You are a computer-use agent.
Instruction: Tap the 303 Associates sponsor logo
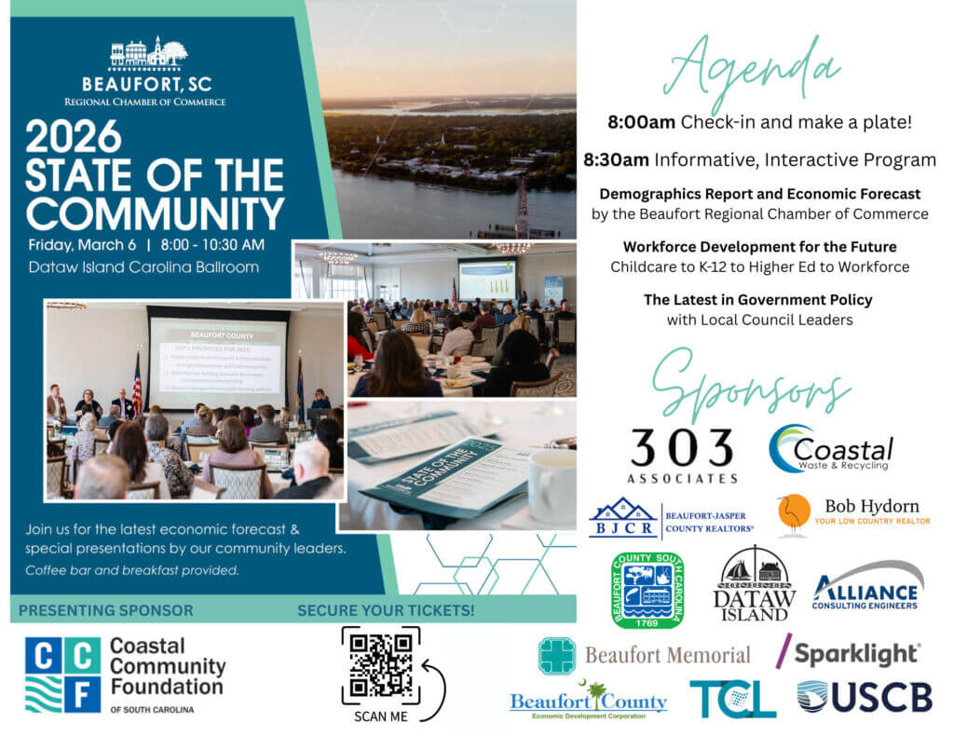(684, 454)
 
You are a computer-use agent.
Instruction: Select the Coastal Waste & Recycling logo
(831, 448)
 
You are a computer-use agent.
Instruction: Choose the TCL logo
(732, 698)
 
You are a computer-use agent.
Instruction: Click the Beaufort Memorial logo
(644, 655)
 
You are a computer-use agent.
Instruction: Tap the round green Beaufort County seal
(647, 589)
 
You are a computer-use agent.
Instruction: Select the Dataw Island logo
(755, 584)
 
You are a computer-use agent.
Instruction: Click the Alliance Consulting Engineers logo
(867, 586)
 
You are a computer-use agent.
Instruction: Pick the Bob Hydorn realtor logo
(853, 513)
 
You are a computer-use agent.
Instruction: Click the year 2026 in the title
(74, 137)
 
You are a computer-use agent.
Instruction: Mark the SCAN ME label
(380, 717)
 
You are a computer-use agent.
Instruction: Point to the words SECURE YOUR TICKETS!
(385, 611)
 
